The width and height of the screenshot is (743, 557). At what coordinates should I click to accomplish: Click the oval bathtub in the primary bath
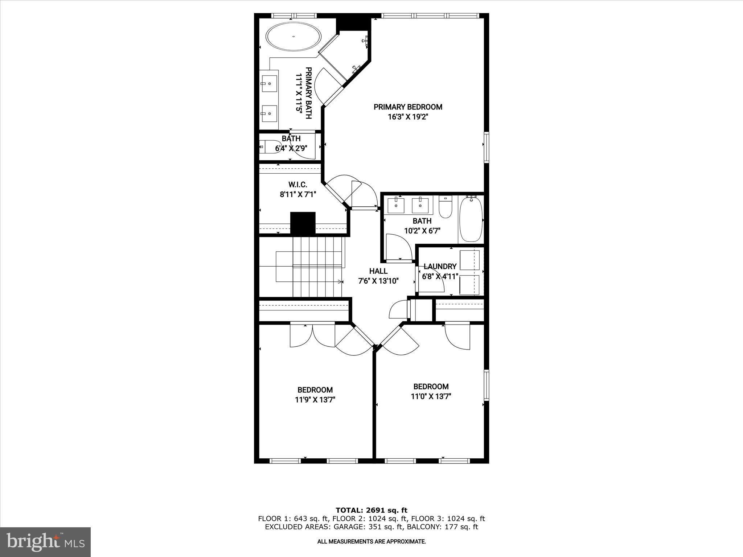coord(293,37)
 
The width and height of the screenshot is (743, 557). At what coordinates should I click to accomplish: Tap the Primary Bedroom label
coord(408,107)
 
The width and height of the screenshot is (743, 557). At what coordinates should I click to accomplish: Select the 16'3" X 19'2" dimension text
coord(408,117)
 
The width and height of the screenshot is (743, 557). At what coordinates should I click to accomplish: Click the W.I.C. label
coord(298,185)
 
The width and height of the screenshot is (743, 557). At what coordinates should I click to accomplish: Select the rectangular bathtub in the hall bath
coord(471,219)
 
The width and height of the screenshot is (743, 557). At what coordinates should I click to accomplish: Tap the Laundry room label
coord(440,267)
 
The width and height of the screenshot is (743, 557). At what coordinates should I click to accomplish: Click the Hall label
coord(378,271)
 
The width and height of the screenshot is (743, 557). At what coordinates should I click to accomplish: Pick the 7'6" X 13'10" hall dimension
coord(378,281)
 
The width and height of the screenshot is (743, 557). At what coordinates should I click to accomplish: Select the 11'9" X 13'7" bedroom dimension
coord(315,400)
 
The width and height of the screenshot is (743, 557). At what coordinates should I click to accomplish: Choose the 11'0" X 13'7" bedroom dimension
coord(431,396)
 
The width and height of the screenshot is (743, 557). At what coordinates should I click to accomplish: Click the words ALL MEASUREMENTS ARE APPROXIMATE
coord(371,542)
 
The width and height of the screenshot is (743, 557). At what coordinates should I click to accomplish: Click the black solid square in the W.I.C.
coord(303,223)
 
